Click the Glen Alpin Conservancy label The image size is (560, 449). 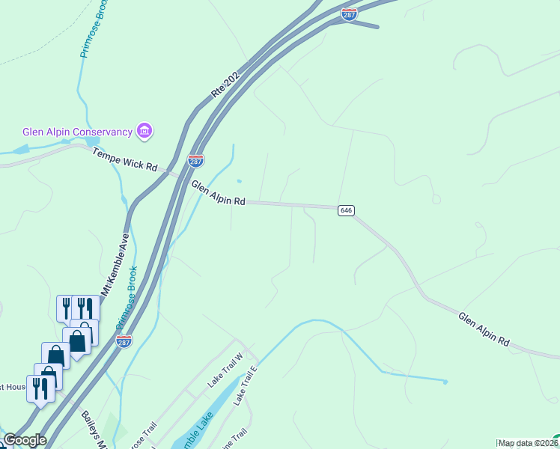click(x=77, y=132)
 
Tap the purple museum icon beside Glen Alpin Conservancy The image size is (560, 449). click(x=144, y=132)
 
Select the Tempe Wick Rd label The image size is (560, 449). click(x=125, y=159)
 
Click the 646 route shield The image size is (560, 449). click(x=345, y=211)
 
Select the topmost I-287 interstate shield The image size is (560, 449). click(x=349, y=13)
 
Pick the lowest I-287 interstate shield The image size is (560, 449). click(x=124, y=341)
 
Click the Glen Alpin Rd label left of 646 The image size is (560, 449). click(x=218, y=192)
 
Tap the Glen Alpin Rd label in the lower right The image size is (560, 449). click(x=484, y=329)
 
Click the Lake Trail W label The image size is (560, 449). click(x=226, y=372)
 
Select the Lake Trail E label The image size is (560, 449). click(x=245, y=386)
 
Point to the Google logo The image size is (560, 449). click(x=25, y=440)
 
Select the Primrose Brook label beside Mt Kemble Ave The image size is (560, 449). click(x=127, y=299)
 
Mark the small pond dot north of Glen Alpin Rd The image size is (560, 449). click(x=239, y=180)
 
